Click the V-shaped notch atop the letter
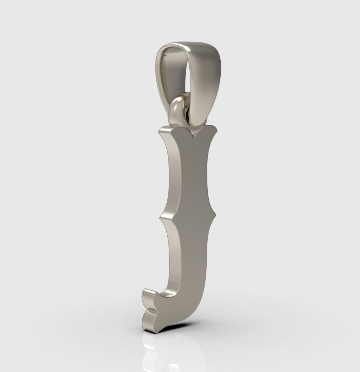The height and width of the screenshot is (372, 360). pos(195,136)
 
